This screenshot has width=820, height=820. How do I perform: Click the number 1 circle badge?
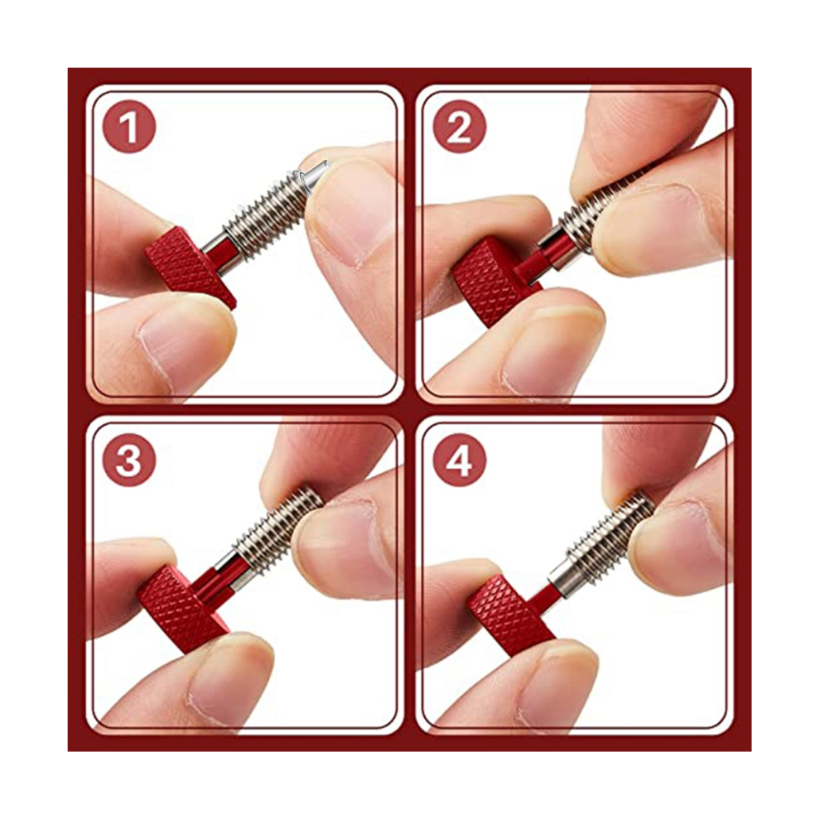point(129,127)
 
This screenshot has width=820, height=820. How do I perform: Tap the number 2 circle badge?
point(460,127)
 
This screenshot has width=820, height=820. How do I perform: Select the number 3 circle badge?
point(129,461)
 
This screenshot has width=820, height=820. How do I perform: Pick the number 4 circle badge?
point(460,461)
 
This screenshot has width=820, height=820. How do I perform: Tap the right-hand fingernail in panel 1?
point(351,215)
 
